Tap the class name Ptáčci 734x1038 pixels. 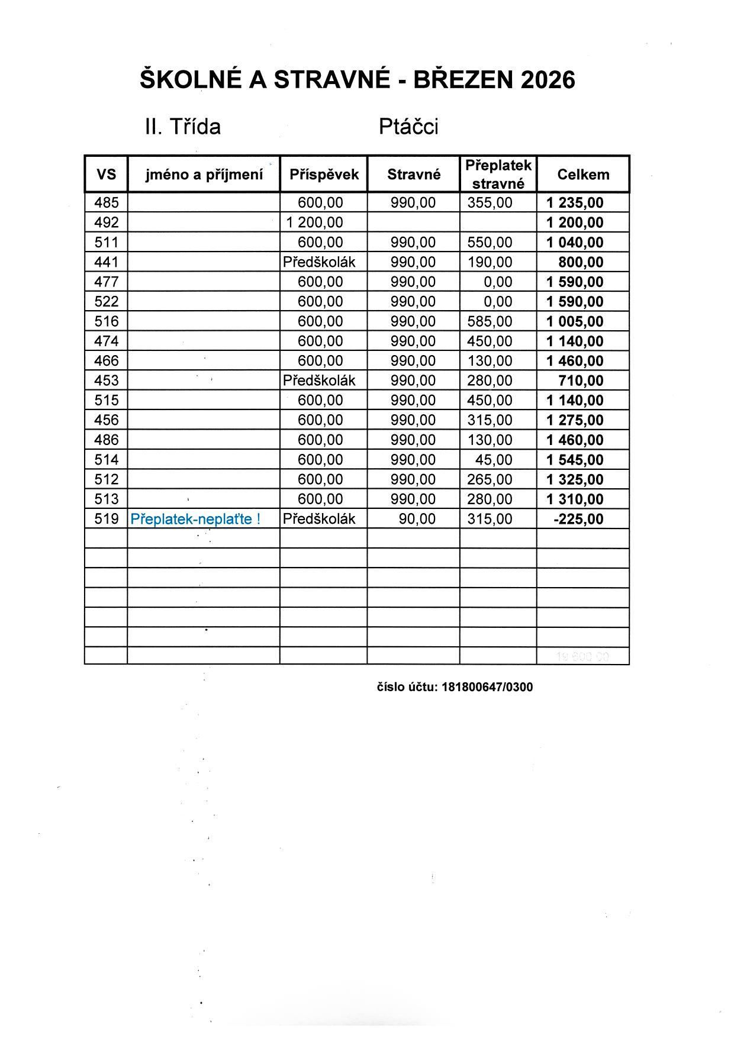coord(408,127)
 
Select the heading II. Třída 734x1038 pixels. coord(183,127)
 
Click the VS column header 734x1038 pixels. coord(107,175)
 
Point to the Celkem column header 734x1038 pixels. coord(583,175)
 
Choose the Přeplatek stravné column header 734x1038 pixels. coord(498,175)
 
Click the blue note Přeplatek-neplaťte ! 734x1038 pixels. coord(195,519)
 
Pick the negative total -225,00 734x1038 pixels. coord(578,520)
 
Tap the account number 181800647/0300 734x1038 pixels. coord(487,687)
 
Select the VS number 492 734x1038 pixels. coord(107,223)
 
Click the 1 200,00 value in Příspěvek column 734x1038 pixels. coord(314,223)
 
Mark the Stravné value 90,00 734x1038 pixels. coord(417,519)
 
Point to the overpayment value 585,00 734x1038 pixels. coord(490,321)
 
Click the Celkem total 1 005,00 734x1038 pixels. coord(575,322)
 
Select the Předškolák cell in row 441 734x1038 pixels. coord(319,262)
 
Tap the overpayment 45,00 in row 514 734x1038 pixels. coord(497,460)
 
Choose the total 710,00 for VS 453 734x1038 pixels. coord(581,381)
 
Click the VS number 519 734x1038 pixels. coord(107,519)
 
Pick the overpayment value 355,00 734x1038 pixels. coord(490,203)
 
